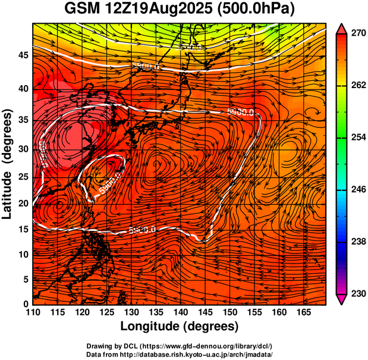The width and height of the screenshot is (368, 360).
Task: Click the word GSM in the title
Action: coord(83,9)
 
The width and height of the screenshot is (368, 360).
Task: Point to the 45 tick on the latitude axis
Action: coord(23,55)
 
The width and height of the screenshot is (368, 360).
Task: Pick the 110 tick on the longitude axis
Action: coord(33,312)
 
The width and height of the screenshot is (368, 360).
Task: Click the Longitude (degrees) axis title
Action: coord(180,326)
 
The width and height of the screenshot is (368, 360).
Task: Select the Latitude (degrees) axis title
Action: coord(8,164)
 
